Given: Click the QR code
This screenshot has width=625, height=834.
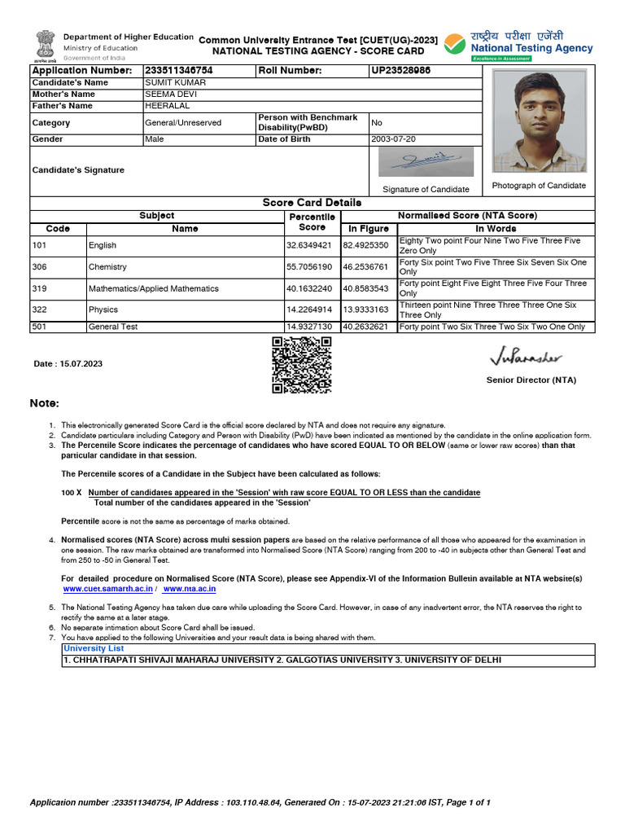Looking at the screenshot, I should (301, 365).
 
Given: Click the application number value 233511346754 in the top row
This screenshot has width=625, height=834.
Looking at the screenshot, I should (178, 71).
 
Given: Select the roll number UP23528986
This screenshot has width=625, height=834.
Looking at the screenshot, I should (400, 71).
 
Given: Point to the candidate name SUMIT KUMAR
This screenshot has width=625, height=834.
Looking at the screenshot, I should (175, 83).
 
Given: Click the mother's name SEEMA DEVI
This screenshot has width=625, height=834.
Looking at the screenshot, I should (171, 94).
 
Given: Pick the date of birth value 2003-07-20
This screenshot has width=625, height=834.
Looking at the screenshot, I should (393, 139).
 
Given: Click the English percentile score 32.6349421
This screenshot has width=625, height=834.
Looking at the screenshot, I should (308, 245).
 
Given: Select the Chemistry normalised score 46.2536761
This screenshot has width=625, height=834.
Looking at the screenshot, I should (365, 267).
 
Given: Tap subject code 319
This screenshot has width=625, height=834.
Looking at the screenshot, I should (39, 288).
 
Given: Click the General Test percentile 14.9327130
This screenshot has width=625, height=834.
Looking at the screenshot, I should (308, 327).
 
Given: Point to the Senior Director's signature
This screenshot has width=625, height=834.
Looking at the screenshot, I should (526, 358).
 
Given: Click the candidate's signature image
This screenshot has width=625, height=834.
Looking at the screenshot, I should (426, 162).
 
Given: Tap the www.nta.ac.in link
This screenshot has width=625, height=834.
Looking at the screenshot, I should (189, 588).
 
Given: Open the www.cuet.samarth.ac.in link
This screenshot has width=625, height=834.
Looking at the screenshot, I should (107, 588).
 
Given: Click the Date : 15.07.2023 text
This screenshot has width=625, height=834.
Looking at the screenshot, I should (68, 363).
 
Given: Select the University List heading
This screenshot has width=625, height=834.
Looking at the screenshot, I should (94, 648).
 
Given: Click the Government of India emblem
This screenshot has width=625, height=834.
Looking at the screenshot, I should (45, 46).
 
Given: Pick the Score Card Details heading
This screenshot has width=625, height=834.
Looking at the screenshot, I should (312, 202).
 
